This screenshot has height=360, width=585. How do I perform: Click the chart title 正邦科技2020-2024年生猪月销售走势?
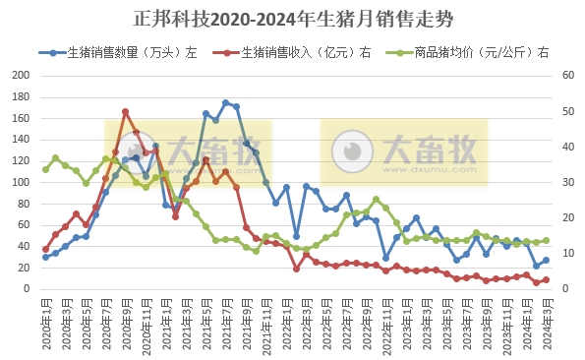292,19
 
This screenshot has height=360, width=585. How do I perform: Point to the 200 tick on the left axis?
19,76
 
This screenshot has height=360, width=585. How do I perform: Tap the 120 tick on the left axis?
19,161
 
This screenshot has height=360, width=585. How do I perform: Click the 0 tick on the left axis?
27,289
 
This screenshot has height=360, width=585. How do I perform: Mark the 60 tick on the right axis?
568,76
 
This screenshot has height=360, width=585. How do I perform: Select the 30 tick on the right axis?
568,183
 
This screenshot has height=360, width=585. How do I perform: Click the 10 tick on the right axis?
568,254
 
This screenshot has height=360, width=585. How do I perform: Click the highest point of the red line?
126,112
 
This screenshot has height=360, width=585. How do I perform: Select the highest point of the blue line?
226,102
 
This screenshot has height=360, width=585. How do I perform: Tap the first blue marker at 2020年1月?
45,257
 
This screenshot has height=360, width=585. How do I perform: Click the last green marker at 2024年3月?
546,240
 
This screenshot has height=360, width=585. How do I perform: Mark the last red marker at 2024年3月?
546,279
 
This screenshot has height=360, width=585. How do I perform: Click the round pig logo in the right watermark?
350,151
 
